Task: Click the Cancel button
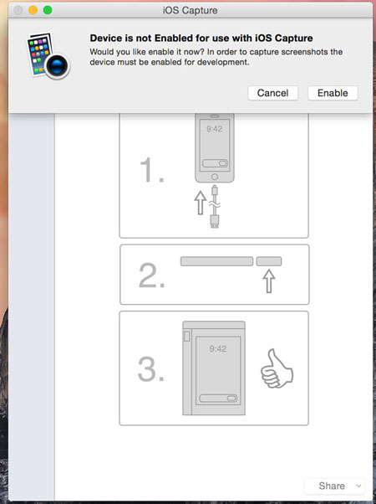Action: [272, 93]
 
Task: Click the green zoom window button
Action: [48, 10]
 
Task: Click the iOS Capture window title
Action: [189, 10]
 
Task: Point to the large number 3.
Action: [151, 369]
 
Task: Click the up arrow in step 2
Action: [269, 281]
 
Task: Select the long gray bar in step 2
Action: [216, 262]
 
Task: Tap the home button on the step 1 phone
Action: [214, 177]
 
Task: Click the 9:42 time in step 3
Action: [218, 347]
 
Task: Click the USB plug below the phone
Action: [215, 221]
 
